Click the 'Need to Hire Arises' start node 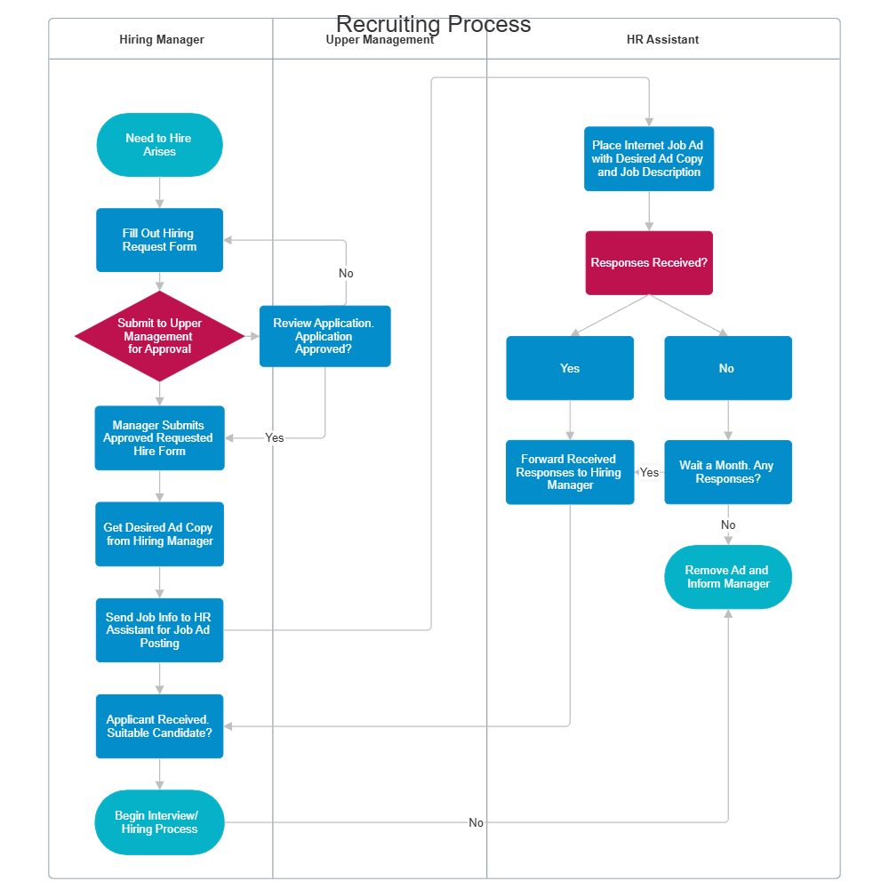tap(159, 145)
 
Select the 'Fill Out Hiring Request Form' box tap(159, 240)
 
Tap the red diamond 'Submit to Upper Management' tap(159, 336)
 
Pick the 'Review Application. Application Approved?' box tap(324, 336)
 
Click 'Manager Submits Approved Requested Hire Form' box tap(159, 438)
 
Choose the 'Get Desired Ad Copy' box tap(159, 534)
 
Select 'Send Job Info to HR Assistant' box tap(159, 630)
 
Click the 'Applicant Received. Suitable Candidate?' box tap(159, 726)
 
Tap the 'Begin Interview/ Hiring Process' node tap(159, 822)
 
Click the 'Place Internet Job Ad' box tap(649, 159)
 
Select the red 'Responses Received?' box tap(649, 263)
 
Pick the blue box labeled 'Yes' tap(570, 368)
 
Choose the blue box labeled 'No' tap(728, 368)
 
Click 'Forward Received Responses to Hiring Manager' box tap(570, 472)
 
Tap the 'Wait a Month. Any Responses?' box tap(728, 472)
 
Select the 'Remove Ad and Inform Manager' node tap(728, 577)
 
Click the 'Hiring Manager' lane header tap(162, 40)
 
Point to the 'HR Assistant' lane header tap(663, 40)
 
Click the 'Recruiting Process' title tap(434, 25)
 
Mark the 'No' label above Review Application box tap(346, 273)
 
